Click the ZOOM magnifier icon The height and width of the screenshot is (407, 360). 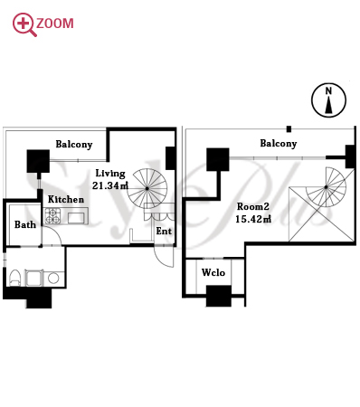[x=24, y=24]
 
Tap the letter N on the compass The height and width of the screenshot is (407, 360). [x=328, y=90]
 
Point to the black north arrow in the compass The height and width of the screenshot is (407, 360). [x=328, y=107]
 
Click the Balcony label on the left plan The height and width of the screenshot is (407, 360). [x=74, y=145]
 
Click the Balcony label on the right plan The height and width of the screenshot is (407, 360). [x=279, y=143]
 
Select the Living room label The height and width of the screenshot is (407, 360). [x=110, y=174]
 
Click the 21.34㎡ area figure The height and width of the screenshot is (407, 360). [x=110, y=185]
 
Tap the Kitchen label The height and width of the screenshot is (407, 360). [x=66, y=199]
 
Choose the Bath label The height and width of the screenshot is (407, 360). [x=25, y=224]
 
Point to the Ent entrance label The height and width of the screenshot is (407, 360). [x=164, y=231]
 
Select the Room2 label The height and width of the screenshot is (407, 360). [x=252, y=206]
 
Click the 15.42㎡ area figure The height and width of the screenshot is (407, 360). [x=253, y=219]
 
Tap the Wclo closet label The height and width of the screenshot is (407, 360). [x=213, y=272]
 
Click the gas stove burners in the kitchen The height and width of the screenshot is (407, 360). [x=52, y=216]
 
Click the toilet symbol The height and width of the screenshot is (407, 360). [x=14, y=278]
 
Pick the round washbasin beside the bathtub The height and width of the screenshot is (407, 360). [x=53, y=279]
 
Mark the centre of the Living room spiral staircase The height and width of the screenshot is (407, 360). [x=147, y=188]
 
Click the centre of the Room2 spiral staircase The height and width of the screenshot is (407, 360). [x=326, y=187]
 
